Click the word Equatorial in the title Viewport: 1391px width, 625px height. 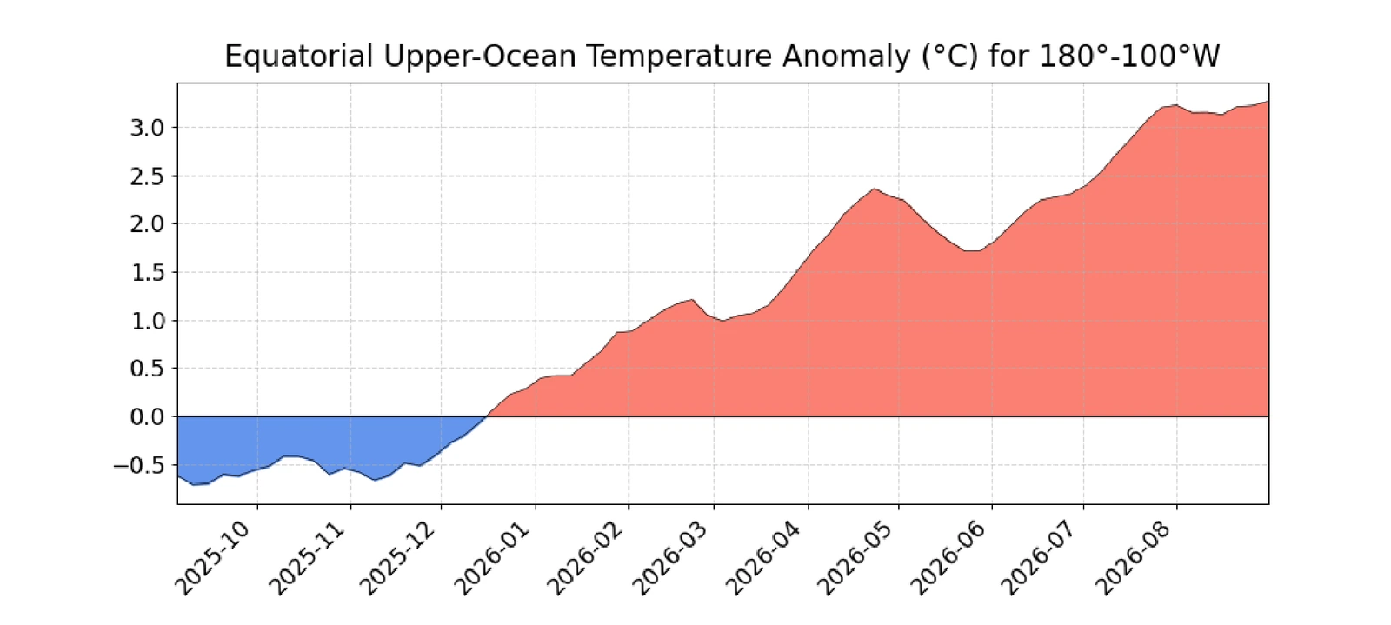[299, 57]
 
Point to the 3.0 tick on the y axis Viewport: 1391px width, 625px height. [147, 128]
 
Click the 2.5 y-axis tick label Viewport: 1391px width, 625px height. [147, 176]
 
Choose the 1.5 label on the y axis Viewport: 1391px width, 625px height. [147, 272]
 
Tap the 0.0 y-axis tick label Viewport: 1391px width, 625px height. [147, 417]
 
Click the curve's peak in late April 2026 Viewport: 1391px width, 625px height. [874, 189]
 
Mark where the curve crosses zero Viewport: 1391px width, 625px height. [487, 416]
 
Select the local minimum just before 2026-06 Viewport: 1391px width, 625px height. [971, 250]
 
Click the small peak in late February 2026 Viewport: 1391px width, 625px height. [692, 300]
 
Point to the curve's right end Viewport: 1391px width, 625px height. [1268, 101]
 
